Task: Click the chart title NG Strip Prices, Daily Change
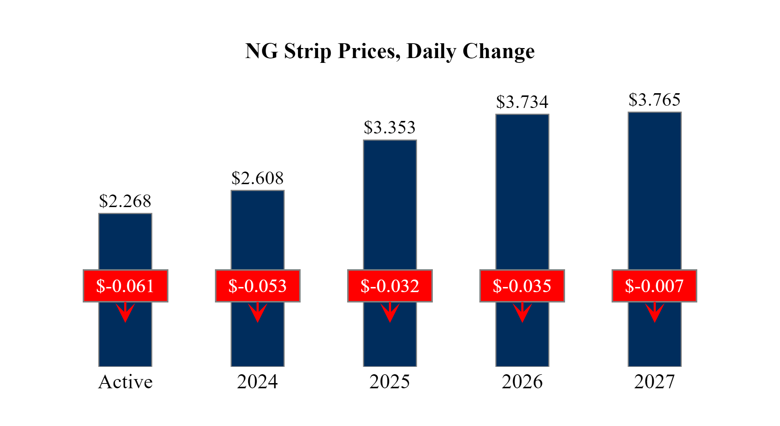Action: tap(390, 51)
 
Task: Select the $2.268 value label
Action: tap(125, 201)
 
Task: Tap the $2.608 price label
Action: tap(257, 178)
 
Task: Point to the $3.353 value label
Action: tap(390, 128)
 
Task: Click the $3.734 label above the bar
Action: tap(522, 102)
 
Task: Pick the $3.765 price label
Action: tap(654, 100)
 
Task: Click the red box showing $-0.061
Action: tap(125, 286)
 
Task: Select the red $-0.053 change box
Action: tap(257, 286)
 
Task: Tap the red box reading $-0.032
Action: tap(390, 286)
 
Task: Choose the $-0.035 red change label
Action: tap(522, 286)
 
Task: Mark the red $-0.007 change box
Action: tap(654, 286)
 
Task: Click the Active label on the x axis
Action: tap(125, 382)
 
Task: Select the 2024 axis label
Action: tap(257, 382)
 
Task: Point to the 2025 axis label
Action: tap(390, 382)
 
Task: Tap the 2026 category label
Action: tap(522, 382)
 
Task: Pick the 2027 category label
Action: tap(654, 382)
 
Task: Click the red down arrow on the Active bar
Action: tap(125, 312)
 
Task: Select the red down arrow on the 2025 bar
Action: tap(390, 312)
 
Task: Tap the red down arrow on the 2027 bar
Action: tap(654, 312)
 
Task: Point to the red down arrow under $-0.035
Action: tap(522, 312)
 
